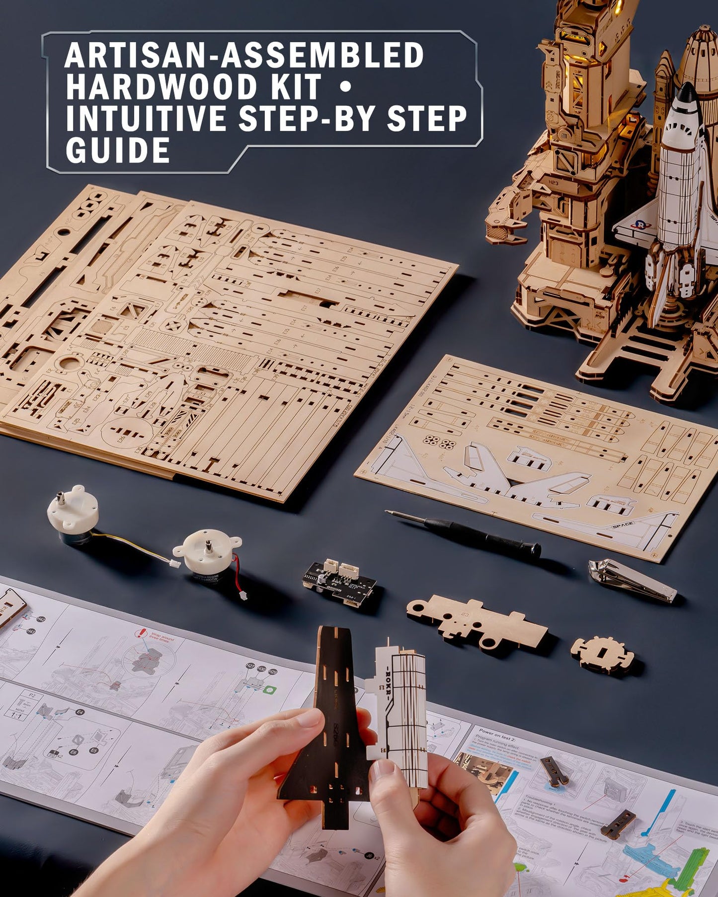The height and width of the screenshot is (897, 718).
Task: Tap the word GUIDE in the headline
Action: pos(118,150)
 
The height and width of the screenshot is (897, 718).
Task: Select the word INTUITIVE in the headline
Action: pos(146,119)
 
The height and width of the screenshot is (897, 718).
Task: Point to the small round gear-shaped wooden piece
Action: pos(602,654)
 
